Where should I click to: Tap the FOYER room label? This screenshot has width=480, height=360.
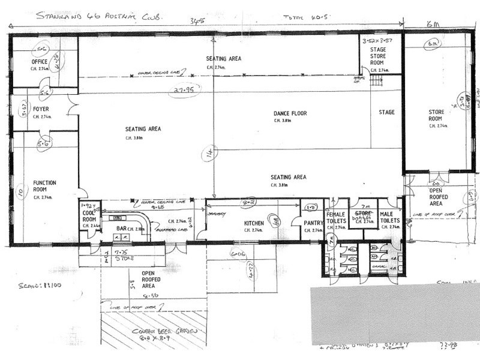click(41, 109)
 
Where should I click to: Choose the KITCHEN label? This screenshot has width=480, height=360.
click(254, 224)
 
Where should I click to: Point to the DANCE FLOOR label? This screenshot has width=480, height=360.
click(290, 113)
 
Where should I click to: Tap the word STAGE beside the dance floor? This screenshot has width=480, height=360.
click(386, 112)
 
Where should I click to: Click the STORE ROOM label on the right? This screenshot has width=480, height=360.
click(436, 115)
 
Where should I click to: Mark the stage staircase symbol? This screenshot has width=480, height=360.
click(377, 80)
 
